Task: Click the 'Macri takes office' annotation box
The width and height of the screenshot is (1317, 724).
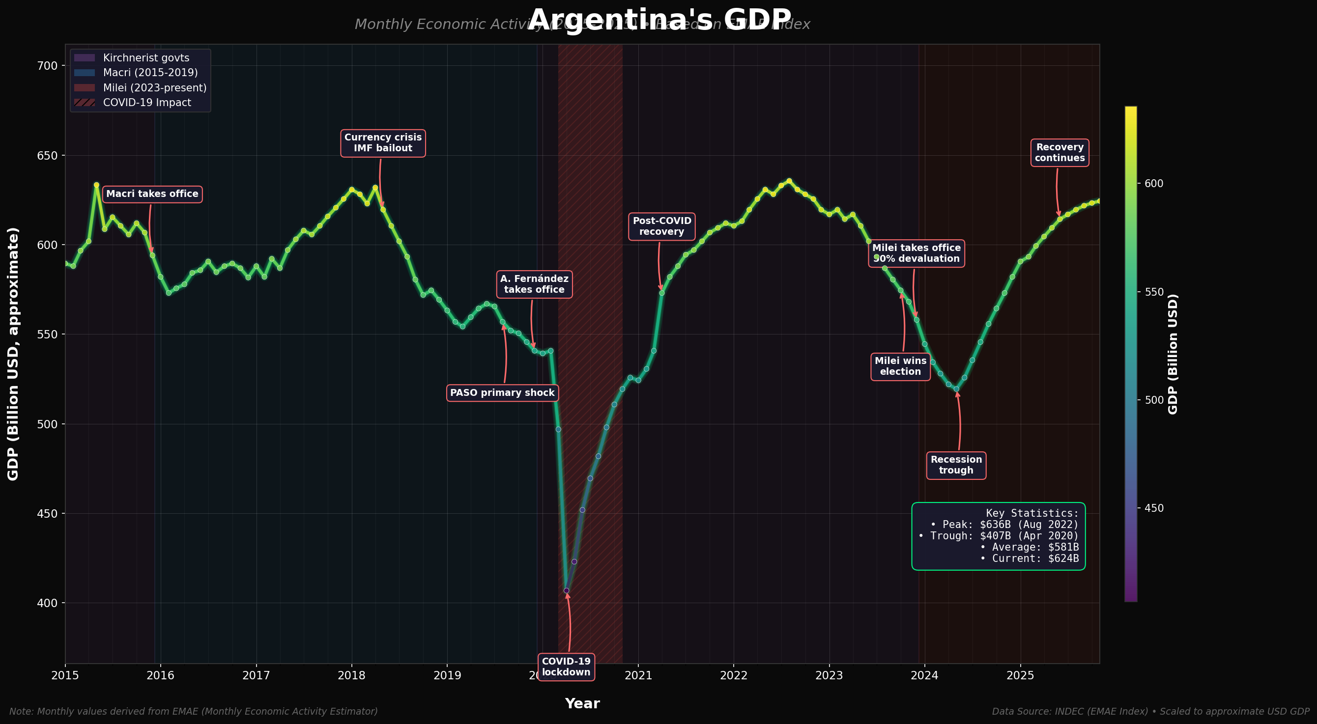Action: point(152,194)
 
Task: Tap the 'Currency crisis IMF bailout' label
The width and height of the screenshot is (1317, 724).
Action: point(383,143)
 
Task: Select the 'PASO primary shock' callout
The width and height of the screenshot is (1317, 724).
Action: point(502,393)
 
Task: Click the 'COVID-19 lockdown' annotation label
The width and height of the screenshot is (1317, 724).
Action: point(566,667)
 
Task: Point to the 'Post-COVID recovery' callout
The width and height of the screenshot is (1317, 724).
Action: point(661,226)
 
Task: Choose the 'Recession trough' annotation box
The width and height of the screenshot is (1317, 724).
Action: point(956,466)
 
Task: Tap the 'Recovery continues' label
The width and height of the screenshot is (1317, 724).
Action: point(1059,153)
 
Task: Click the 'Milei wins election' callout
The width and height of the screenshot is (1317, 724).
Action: point(900,366)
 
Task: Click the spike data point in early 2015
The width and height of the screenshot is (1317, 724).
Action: point(96,185)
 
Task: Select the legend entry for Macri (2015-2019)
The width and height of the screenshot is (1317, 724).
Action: point(150,73)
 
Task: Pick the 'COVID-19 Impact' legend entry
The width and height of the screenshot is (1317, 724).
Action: point(147,103)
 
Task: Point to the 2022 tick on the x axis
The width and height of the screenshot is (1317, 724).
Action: point(734,675)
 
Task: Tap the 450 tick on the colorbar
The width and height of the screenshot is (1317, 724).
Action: point(1153,508)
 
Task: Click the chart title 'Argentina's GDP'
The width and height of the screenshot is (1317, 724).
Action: point(659,21)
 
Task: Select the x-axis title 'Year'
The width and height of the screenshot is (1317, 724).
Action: point(582,703)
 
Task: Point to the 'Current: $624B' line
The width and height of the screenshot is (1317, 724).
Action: point(1029,558)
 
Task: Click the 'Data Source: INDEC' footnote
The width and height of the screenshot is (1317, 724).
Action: point(1150,712)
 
